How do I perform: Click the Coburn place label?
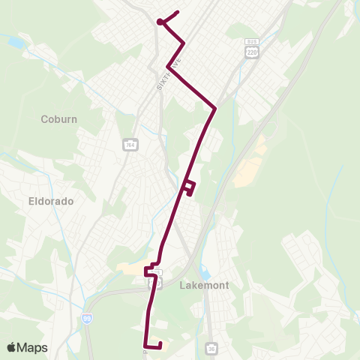coord(60,118)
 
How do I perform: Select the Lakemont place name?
coord(204,285)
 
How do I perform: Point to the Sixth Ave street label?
coord(169,75)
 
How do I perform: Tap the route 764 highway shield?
coord(129,144)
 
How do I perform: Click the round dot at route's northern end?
coord(160,22)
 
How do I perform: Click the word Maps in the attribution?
coord(33,347)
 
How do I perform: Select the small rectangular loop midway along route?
coord(190,187)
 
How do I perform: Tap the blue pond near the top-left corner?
coord(15,42)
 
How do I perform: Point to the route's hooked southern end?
coord(153,344)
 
